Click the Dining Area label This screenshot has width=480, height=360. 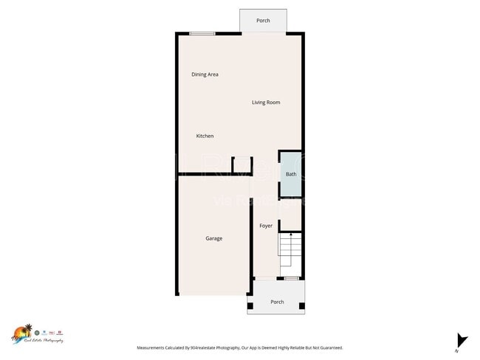tap(205, 75)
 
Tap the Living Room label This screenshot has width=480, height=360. tap(266, 103)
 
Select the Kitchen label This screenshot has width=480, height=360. tap(205, 136)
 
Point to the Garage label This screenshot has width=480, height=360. tap(213, 238)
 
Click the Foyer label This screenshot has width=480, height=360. tap(266, 226)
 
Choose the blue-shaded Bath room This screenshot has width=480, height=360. tap(290, 175)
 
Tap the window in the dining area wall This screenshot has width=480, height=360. tap(202, 33)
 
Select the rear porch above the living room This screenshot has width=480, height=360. tap(263, 21)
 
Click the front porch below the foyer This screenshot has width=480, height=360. tap(277, 302)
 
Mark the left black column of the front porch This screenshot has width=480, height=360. tap(250, 305)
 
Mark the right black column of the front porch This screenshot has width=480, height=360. tap(301, 305)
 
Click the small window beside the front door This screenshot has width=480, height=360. tap(292, 278)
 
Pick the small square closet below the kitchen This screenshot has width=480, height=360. tap(242, 165)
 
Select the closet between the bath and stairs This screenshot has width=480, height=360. tap(290, 215)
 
